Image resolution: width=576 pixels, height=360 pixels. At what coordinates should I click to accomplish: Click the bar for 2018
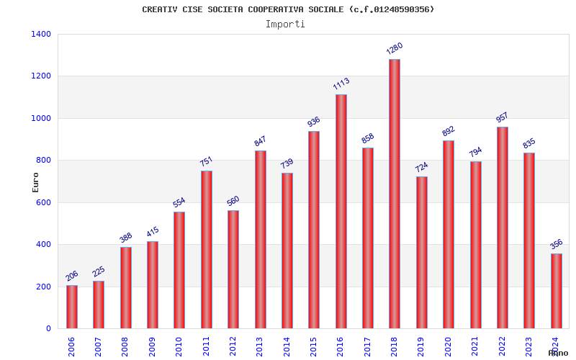[395, 194]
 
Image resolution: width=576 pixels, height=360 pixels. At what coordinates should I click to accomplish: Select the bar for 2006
[72, 307]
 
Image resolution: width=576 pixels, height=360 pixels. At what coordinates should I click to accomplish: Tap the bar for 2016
[341, 211]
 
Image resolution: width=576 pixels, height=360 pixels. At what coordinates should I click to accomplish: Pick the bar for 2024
[557, 291]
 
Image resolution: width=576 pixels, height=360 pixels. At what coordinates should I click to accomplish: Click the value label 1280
[395, 48]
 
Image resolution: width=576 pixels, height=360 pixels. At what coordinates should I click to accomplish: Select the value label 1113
[341, 84]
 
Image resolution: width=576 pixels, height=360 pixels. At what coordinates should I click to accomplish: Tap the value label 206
[72, 275]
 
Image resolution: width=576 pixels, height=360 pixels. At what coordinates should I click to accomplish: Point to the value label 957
[502, 117]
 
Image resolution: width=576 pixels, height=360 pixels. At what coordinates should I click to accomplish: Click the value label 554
[179, 202]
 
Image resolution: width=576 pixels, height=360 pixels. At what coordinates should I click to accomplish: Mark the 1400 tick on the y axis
[41, 34]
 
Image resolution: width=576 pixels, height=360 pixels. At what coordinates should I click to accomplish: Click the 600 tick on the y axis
[44, 202]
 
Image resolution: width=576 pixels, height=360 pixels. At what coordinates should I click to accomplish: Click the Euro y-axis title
[35, 182]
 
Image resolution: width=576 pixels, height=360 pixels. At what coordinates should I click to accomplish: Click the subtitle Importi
[285, 24]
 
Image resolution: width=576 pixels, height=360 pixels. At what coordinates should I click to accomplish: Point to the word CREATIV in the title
[160, 9]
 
